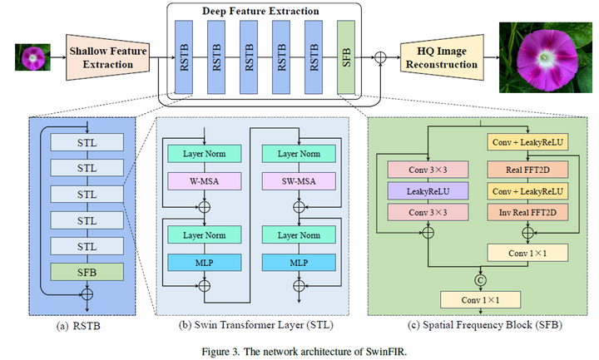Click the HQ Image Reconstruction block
coord(442,57)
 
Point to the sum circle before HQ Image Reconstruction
coord(382,57)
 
